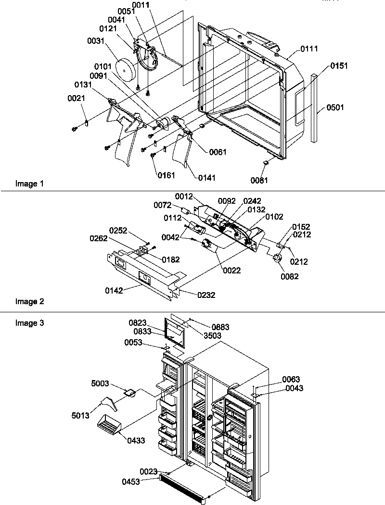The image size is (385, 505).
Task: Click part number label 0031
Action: click(95, 42)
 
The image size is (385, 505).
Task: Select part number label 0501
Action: click(335, 108)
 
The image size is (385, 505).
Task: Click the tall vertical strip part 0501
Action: click(315, 108)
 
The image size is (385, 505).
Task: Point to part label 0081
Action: click(259, 181)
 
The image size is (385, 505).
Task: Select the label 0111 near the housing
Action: click(309, 49)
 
